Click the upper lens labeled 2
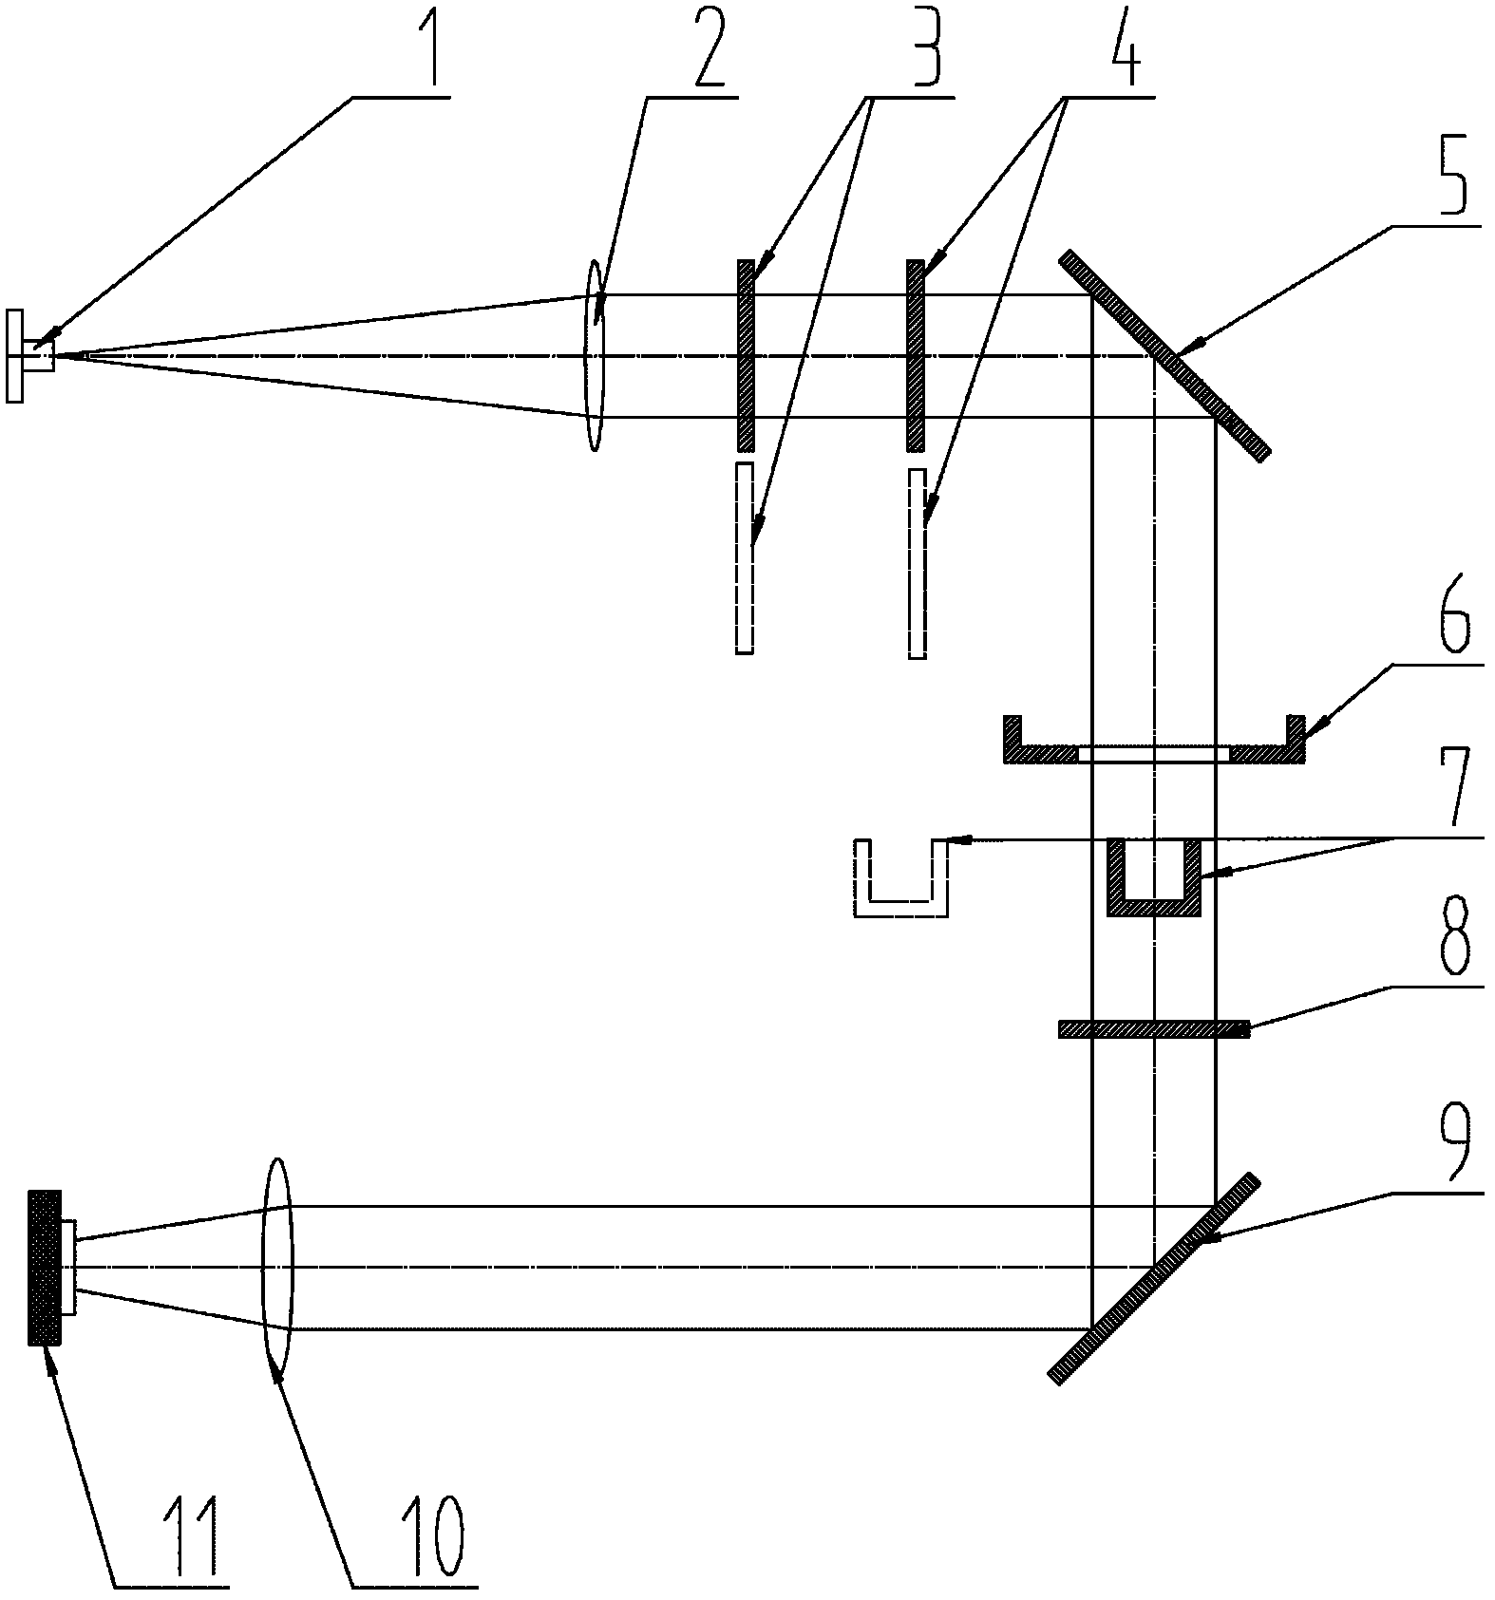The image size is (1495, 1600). [594, 355]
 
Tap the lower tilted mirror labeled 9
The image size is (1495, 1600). [1153, 1278]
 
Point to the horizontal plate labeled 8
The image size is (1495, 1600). [1154, 1029]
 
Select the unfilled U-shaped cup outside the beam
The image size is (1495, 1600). [901, 878]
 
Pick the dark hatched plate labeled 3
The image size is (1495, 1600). [746, 355]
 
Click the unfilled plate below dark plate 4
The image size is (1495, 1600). [917, 563]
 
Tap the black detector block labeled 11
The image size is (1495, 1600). [45, 1267]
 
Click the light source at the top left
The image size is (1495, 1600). [29, 355]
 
